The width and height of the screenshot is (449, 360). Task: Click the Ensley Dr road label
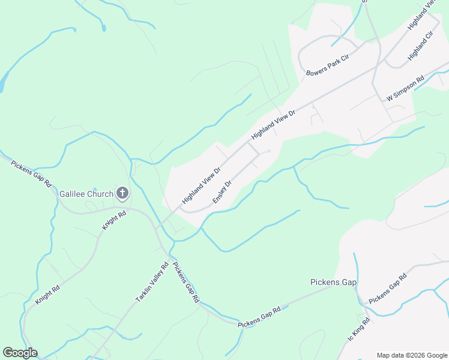click(221, 192)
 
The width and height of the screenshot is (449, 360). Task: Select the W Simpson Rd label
click(406, 88)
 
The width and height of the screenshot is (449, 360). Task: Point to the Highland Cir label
click(420, 46)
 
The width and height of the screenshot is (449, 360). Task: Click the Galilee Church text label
click(86, 194)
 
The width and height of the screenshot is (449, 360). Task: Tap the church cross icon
click(122, 193)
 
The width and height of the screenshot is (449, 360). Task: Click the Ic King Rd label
click(358, 329)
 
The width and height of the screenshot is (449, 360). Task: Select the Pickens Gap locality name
click(334, 282)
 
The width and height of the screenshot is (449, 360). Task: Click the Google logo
click(20, 353)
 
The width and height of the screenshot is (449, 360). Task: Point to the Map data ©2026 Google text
click(412, 355)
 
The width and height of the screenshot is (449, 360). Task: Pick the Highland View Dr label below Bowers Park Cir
click(274, 125)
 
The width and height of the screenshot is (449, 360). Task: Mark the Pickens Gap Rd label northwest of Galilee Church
click(32, 173)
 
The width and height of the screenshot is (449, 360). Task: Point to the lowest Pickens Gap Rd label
click(259, 317)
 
